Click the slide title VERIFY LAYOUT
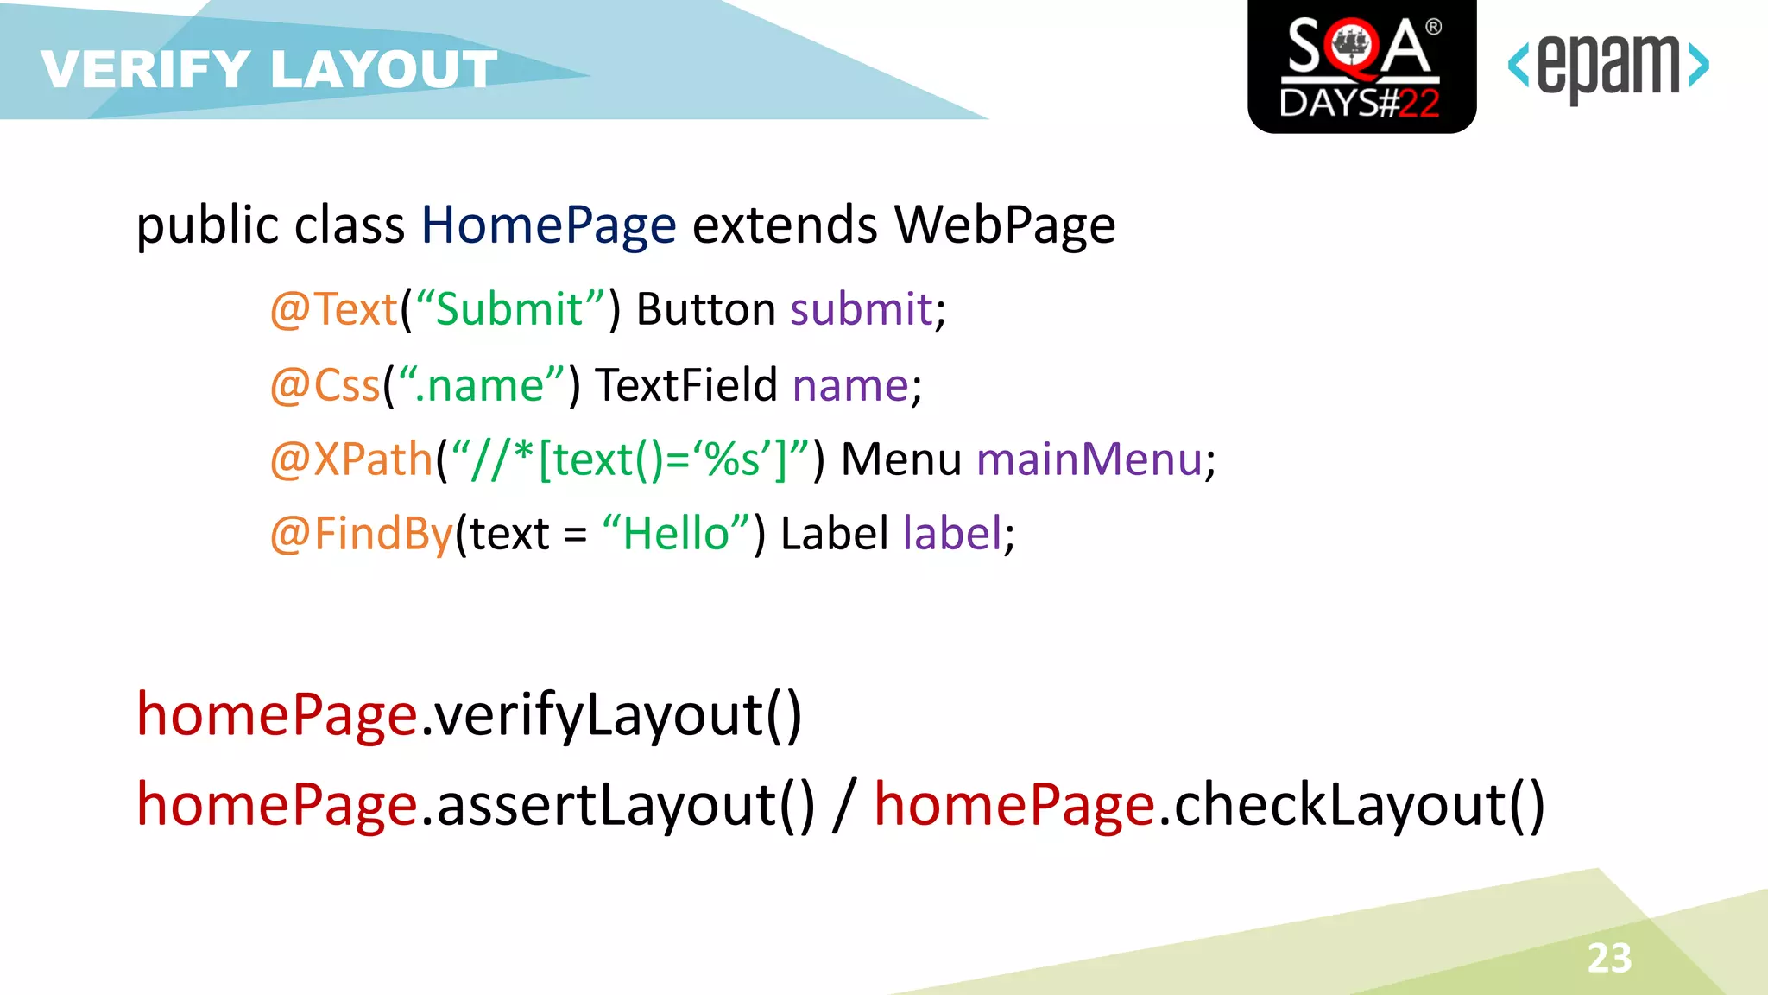tap(268, 69)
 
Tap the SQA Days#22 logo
tap(1361, 67)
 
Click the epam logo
tap(1607, 67)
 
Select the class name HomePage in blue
tap(548, 225)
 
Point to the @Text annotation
tap(334, 309)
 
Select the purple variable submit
tap(862, 309)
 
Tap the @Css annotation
tap(325, 385)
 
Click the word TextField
tap(686, 385)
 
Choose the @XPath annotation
tap(350, 459)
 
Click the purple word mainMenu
tap(1089, 459)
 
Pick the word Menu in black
tap(900, 459)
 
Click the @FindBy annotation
tap(361, 534)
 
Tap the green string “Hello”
tap(677, 534)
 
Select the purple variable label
tap(952, 534)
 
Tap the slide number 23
tap(1609, 958)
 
